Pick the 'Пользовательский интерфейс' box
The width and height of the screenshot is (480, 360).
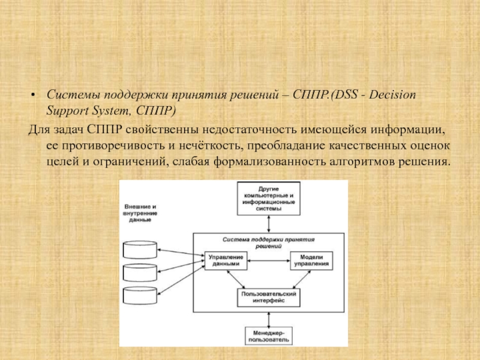[268, 298]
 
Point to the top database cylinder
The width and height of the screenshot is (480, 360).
[140, 250]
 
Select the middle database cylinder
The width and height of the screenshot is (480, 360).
[140, 273]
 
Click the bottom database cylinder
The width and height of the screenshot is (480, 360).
[140, 296]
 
